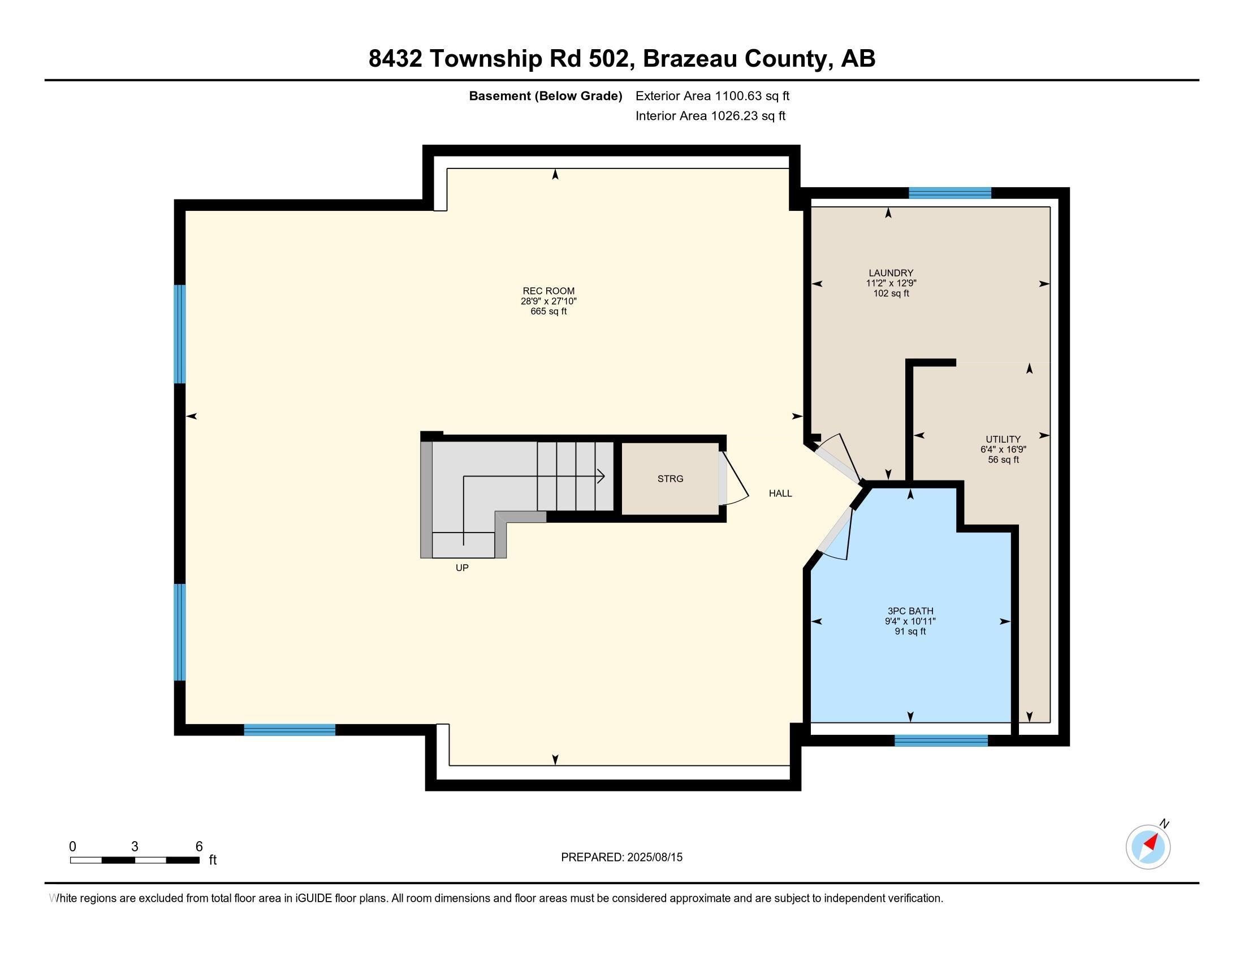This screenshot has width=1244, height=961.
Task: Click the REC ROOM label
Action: tap(548, 291)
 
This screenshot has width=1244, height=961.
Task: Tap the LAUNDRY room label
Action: tap(891, 273)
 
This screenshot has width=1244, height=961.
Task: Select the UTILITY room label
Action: tap(1003, 439)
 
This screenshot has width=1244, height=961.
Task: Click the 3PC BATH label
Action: tap(910, 611)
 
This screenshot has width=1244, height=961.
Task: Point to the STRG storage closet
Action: tap(670, 479)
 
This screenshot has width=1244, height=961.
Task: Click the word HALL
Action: tap(780, 494)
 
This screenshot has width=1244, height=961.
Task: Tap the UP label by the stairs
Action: tap(462, 568)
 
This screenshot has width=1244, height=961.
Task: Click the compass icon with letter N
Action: tap(1148, 847)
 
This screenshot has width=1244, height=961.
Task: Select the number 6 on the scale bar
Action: tap(199, 847)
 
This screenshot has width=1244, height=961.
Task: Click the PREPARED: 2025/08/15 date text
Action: tap(621, 858)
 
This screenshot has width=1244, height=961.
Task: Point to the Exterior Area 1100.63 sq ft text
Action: tap(712, 96)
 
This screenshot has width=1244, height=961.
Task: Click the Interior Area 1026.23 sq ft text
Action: tap(710, 116)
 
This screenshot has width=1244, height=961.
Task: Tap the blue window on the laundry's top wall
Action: tap(949, 193)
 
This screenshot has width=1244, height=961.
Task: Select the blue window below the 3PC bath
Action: tap(940, 741)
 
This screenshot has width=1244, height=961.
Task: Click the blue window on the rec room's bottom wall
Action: tap(290, 730)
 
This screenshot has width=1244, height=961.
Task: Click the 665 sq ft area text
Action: tap(548, 311)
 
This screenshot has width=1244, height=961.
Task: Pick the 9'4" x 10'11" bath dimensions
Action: tap(910, 622)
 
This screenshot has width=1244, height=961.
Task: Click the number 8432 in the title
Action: tap(395, 59)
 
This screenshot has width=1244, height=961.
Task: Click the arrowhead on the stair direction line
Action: tap(601, 476)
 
